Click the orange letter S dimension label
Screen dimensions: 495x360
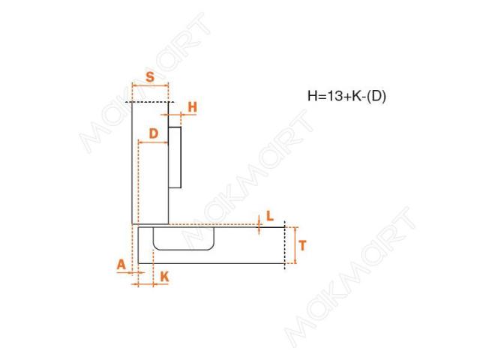[x=150, y=76]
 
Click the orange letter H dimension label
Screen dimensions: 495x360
[x=192, y=107]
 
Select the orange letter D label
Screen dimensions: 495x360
[x=154, y=133]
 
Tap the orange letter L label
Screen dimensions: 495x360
[x=270, y=216]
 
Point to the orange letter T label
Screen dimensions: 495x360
[x=302, y=245]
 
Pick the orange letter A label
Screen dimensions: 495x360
[x=121, y=264]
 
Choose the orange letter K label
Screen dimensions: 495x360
[x=164, y=277]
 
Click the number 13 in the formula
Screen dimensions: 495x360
[x=334, y=96]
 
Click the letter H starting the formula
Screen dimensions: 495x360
[x=313, y=96]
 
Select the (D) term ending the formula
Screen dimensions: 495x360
[x=376, y=96]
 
